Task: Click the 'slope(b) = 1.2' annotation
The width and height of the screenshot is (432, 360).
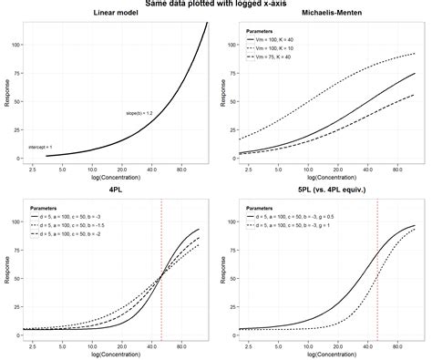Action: tap(139, 113)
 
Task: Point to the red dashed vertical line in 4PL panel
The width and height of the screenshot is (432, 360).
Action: tap(161, 273)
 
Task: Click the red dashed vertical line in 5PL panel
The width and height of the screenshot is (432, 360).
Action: tap(377, 273)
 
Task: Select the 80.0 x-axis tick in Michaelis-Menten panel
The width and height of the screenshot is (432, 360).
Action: tap(397, 169)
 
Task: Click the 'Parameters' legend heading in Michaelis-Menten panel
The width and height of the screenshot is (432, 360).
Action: tap(264, 31)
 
